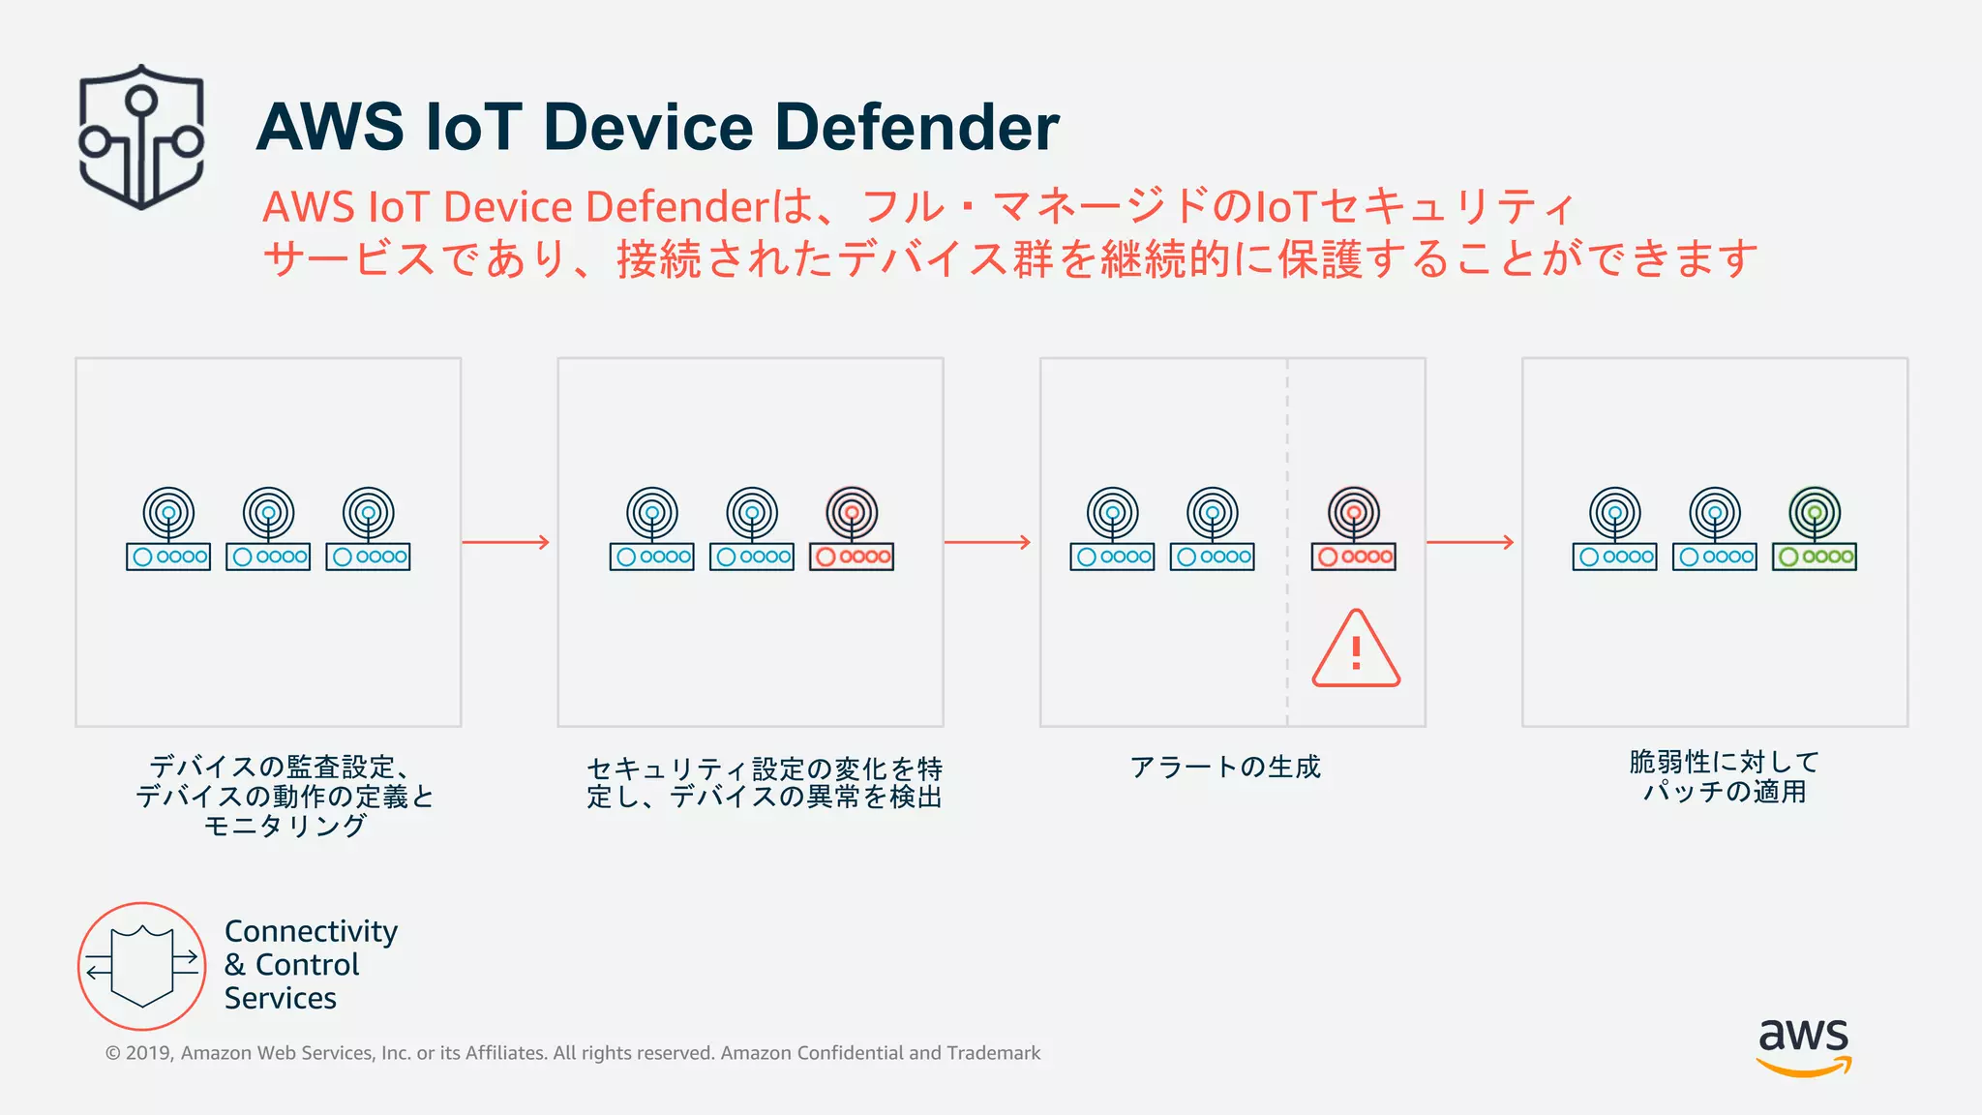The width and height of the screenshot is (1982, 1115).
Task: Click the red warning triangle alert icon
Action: tap(1356, 649)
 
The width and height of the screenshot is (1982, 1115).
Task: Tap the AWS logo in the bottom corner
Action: tap(1804, 1045)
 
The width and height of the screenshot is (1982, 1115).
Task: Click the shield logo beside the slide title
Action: tap(141, 136)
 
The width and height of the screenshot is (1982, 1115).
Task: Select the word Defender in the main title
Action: tap(916, 128)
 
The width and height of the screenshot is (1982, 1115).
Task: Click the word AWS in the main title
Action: tap(330, 128)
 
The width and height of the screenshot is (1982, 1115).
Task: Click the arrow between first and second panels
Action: tap(506, 542)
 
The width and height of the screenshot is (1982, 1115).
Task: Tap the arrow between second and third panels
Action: tap(988, 542)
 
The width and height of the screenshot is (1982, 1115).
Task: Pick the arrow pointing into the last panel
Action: tap(1470, 542)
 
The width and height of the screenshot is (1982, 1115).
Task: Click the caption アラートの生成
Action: tap(1225, 768)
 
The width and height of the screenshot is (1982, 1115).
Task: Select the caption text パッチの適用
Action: tap(1725, 792)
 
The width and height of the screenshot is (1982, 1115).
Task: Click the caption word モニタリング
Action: tap(285, 826)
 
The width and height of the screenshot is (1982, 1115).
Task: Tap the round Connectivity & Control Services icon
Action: tap(142, 966)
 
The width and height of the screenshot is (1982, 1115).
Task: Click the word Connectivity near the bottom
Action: tap(311, 931)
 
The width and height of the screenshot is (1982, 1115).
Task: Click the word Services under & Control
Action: tap(281, 998)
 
